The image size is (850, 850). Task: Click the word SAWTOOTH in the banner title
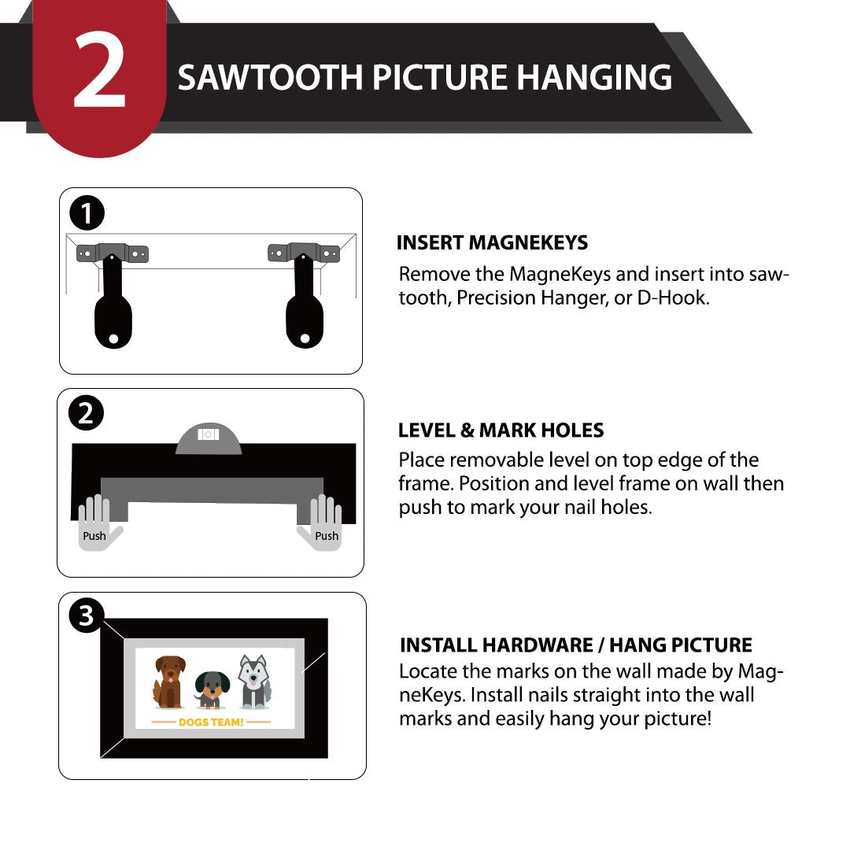point(270,77)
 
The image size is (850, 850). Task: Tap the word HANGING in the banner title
point(594,77)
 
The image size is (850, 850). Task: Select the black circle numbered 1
point(87,213)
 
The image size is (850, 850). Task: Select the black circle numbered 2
point(86,414)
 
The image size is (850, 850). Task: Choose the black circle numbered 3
point(87,615)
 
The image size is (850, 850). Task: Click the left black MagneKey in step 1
point(113,302)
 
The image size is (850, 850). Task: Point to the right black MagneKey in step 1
point(305,302)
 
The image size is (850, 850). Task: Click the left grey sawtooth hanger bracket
point(113,253)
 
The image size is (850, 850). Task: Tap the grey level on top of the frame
point(208,439)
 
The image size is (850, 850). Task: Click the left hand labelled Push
point(98,523)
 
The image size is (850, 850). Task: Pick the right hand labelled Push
point(320,523)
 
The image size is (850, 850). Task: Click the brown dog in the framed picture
point(169,682)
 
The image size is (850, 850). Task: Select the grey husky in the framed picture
point(254,682)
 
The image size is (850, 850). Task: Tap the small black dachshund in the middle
point(212,689)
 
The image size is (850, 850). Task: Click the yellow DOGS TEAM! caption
point(211,722)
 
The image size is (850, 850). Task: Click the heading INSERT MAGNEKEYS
point(492,242)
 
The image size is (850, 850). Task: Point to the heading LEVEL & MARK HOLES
point(501,430)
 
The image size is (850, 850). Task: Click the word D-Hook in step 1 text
point(673,297)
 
